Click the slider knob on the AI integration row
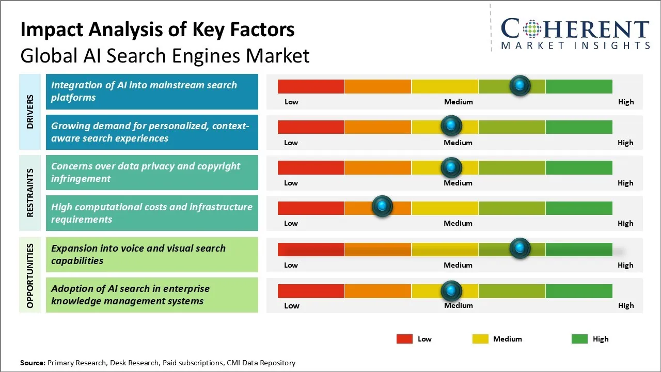(x=520, y=85)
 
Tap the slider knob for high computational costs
(x=382, y=207)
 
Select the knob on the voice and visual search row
(x=520, y=249)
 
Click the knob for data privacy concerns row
(x=451, y=167)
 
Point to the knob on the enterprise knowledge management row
(x=451, y=291)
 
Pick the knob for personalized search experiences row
(x=451, y=126)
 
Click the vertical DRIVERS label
(x=30, y=112)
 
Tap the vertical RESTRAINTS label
(x=30, y=193)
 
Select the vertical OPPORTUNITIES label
(x=30, y=275)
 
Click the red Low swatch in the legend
(x=404, y=339)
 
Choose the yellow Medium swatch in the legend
(x=480, y=339)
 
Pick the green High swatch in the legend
(x=579, y=339)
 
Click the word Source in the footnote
(x=33, y=363)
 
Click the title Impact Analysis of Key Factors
(x=158, y=30)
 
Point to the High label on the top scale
(x=626, y=102)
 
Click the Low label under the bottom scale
(x=292, y=306)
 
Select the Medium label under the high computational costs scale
(x=458, y=223)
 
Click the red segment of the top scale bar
(x=311, y=86)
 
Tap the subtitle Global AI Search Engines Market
(x=165, y=56)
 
